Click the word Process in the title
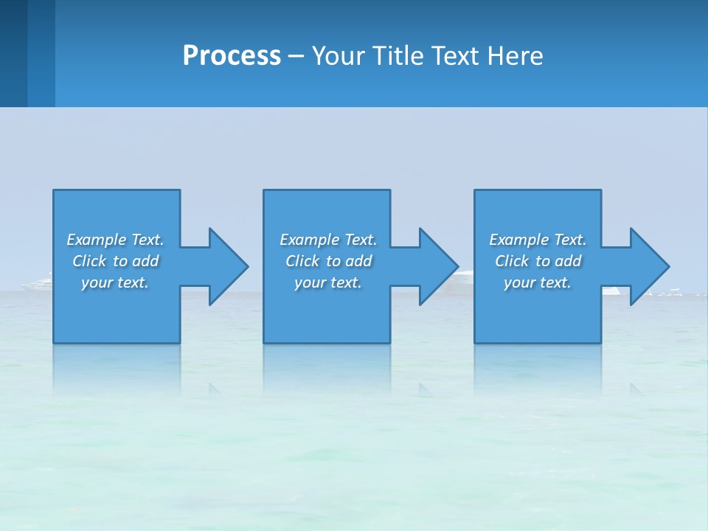pos(232,56)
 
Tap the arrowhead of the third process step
pos(648,266)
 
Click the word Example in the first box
pos(97,240)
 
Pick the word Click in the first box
pos(89,261)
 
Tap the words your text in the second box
pos(328,282)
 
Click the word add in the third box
pos(569,261)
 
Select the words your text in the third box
pos(538,282)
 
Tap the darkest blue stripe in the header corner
pos(13,53)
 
